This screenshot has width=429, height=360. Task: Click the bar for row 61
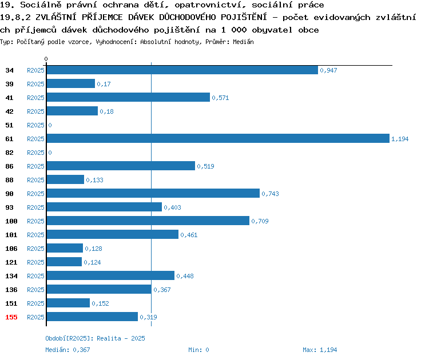218,138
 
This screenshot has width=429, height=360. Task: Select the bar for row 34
182,70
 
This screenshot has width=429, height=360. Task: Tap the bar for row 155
92,317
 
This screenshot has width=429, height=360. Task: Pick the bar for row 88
65,179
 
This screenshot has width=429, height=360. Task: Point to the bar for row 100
148,221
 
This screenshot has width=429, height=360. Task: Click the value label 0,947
328,70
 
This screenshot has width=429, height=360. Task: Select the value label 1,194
400,139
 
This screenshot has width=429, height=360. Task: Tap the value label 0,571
220,98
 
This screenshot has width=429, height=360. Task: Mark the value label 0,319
148,317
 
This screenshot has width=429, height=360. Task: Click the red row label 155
11,317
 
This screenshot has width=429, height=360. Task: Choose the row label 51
9,125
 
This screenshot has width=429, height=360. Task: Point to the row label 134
11,276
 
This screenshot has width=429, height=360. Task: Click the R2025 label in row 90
35,194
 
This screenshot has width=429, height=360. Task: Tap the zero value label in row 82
50,153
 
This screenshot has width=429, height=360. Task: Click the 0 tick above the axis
46,59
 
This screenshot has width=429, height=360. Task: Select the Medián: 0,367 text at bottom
67,350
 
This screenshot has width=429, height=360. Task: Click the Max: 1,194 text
320,350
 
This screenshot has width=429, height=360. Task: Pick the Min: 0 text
198,350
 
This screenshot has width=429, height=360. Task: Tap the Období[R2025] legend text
68,338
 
